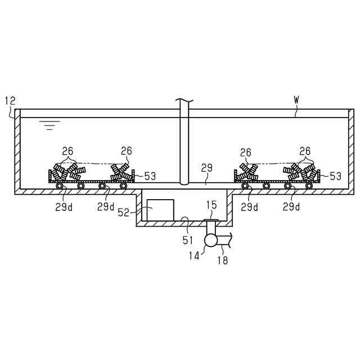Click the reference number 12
click(10, 101)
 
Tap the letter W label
click(296, 100)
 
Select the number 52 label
click(124, 213)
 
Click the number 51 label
click(187, 240)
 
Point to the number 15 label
click(211, 205)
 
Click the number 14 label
click(194, 256)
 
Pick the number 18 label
click(222, 260)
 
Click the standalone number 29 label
click(206, 168)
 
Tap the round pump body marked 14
click(211, 240)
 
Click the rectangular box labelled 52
click(160, 210)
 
